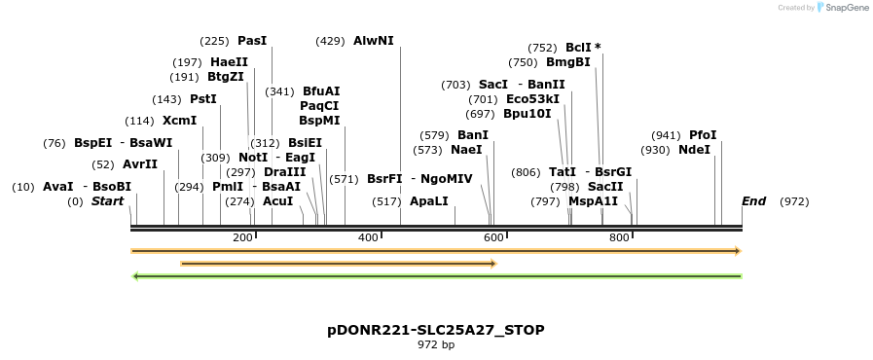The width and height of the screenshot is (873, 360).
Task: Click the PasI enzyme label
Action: pyautogui.click(x=251, y=41)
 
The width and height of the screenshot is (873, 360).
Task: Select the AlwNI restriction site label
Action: pyautogui.click(x=374, y=41)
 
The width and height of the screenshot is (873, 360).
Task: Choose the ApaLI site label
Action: pyautogui.click(x=428, y=201)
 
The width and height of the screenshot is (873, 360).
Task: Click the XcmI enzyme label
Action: pyautogui.click(x=179, y=121)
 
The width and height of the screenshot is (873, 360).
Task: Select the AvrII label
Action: pyautogui.click(x=140, y=164)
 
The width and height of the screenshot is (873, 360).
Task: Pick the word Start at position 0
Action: pyautogui.click(x=108, y=201)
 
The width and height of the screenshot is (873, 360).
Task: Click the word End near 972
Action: pyautogui.click(x=753, y=201)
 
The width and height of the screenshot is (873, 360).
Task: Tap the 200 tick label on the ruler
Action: pyautogui.click(x=242, y=238)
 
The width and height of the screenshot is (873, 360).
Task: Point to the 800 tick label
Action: pyautogui.click(x=619, y=238)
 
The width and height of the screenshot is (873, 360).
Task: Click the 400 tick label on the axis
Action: pyautogui.click(x=368, y=238)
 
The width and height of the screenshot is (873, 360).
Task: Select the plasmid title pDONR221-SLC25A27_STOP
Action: pyautogui.click(x=436, y=330)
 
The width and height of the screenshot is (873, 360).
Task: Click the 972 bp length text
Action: pyautogui.click(x=436, y=344)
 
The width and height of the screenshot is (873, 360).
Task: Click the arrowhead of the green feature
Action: pyautogui.click(x=136, y=276)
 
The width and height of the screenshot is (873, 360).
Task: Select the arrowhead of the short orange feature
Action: pyautogui.click(x=493, y=263)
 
